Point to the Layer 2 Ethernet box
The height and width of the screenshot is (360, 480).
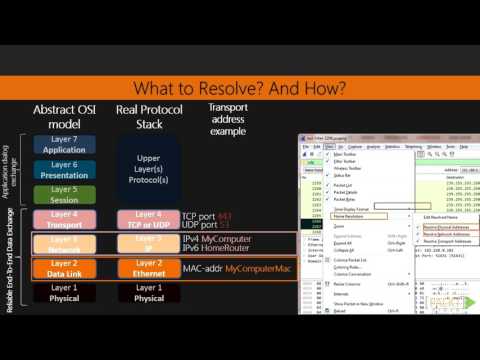[x=149, y=269]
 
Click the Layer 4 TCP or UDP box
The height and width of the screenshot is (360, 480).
[x=149, y=218]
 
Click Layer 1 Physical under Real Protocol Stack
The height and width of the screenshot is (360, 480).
[x=149, y=294]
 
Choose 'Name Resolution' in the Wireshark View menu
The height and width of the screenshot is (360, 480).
[x=353, y=216]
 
